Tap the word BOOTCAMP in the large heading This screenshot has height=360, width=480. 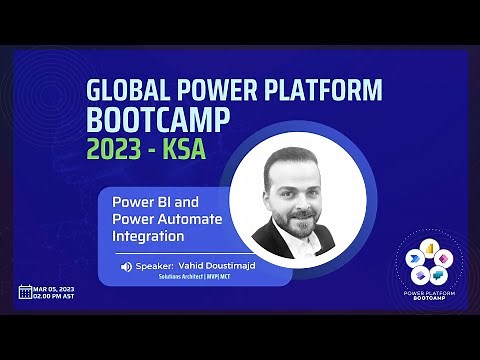[159, 121]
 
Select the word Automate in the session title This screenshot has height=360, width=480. [189, 219]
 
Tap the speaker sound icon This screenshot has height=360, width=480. [127, 267]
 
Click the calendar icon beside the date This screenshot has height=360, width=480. [25, 292]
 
